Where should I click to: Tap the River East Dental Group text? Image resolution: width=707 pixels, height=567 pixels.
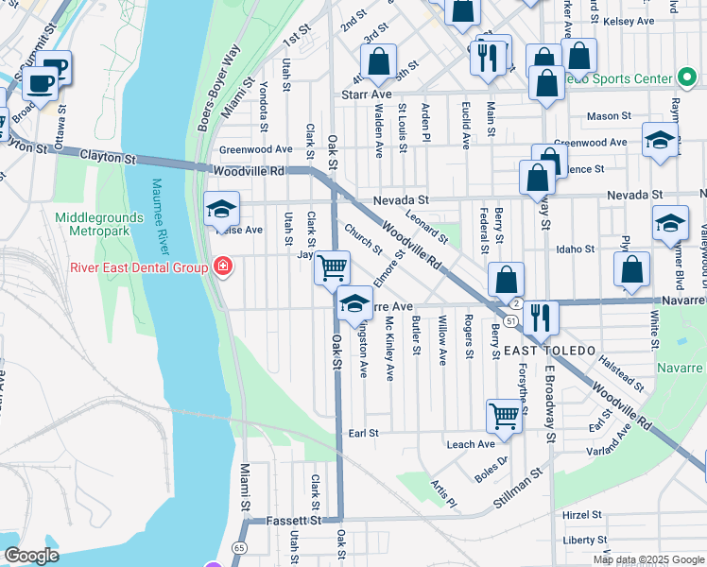[138, 267]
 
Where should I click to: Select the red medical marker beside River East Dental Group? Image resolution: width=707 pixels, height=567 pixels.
[222, 267]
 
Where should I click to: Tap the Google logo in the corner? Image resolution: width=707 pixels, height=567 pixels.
[31, 556]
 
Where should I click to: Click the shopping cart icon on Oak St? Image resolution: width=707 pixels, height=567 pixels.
[332, 267]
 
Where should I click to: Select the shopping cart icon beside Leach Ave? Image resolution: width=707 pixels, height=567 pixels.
[505, 416]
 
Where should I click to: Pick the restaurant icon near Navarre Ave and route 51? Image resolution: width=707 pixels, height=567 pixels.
[540, 317]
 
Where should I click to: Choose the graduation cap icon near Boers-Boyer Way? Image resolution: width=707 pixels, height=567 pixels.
[222, 207]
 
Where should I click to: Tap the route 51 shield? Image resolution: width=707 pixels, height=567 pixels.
[509, 321]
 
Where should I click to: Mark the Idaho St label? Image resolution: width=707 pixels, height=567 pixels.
[575, 249]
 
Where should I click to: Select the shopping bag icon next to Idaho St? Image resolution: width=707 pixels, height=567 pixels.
[631, 270]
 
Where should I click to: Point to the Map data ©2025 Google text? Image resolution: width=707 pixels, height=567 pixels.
[647, 559]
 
